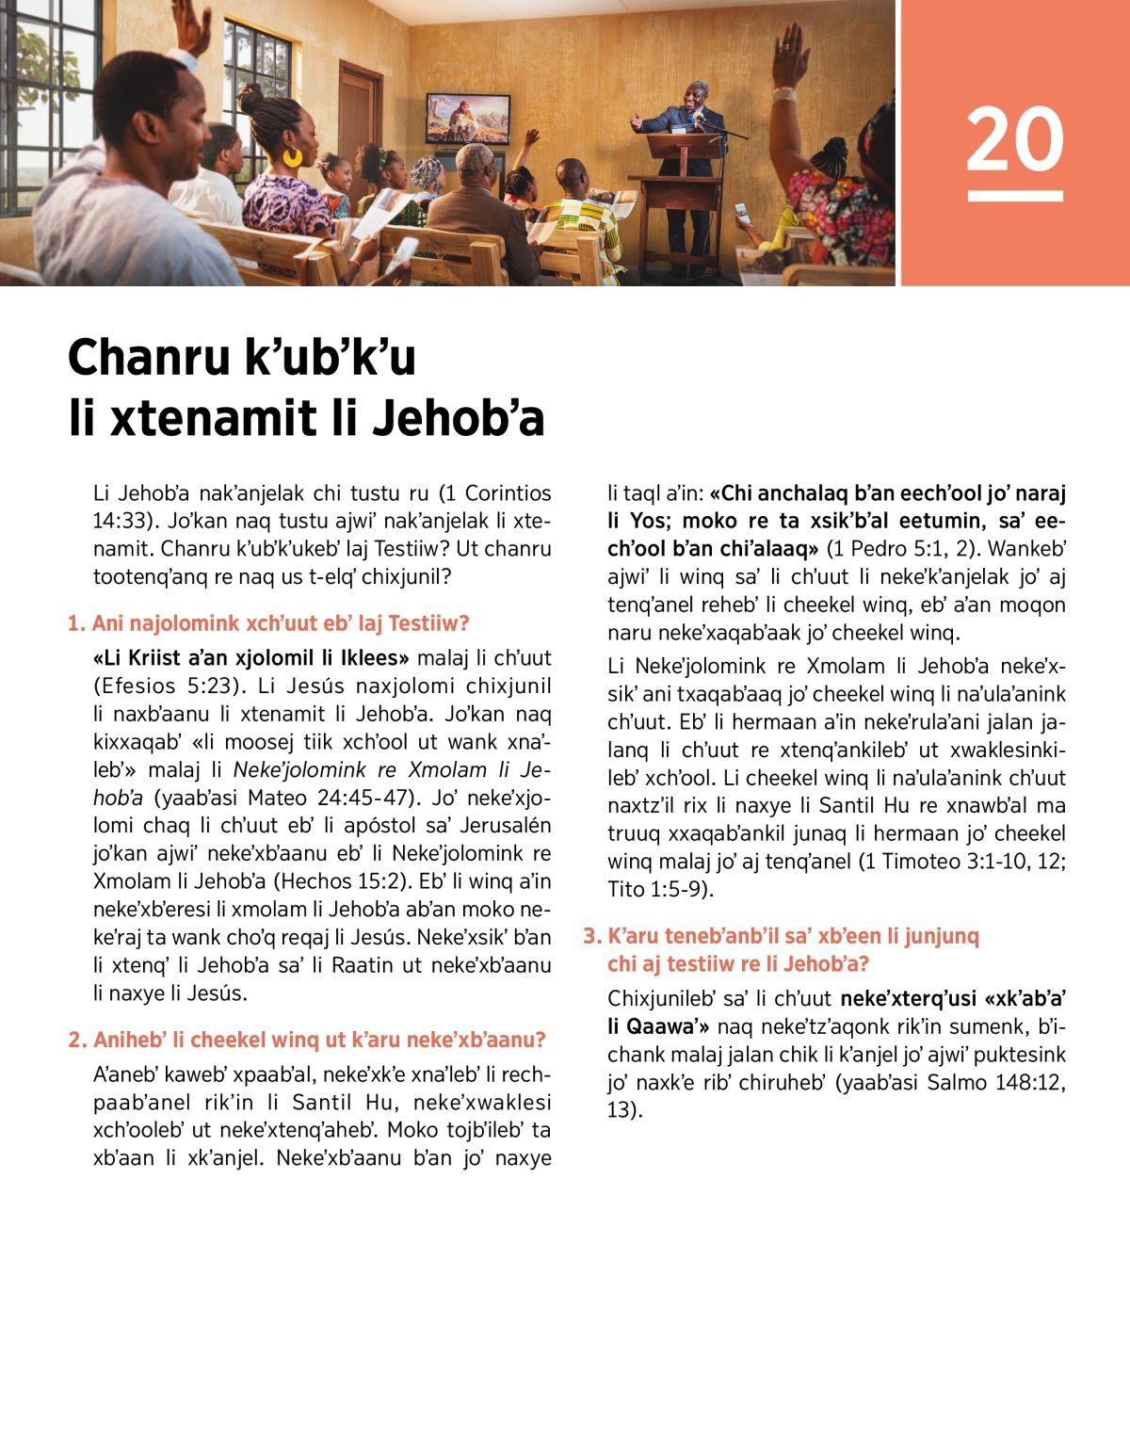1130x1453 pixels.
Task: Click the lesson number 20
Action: tap(1014, 139)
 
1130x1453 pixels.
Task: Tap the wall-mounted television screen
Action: tap(468, 119)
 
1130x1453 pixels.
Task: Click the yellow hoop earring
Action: tap(292, 156)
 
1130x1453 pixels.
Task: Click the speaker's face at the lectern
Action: tap(697, 95)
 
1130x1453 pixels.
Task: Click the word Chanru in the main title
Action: tap(149, 358)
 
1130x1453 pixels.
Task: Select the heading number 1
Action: tap(76, 623)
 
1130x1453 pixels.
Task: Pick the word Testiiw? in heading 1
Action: tap(428, 623)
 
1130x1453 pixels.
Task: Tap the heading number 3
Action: tap(591, 936)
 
